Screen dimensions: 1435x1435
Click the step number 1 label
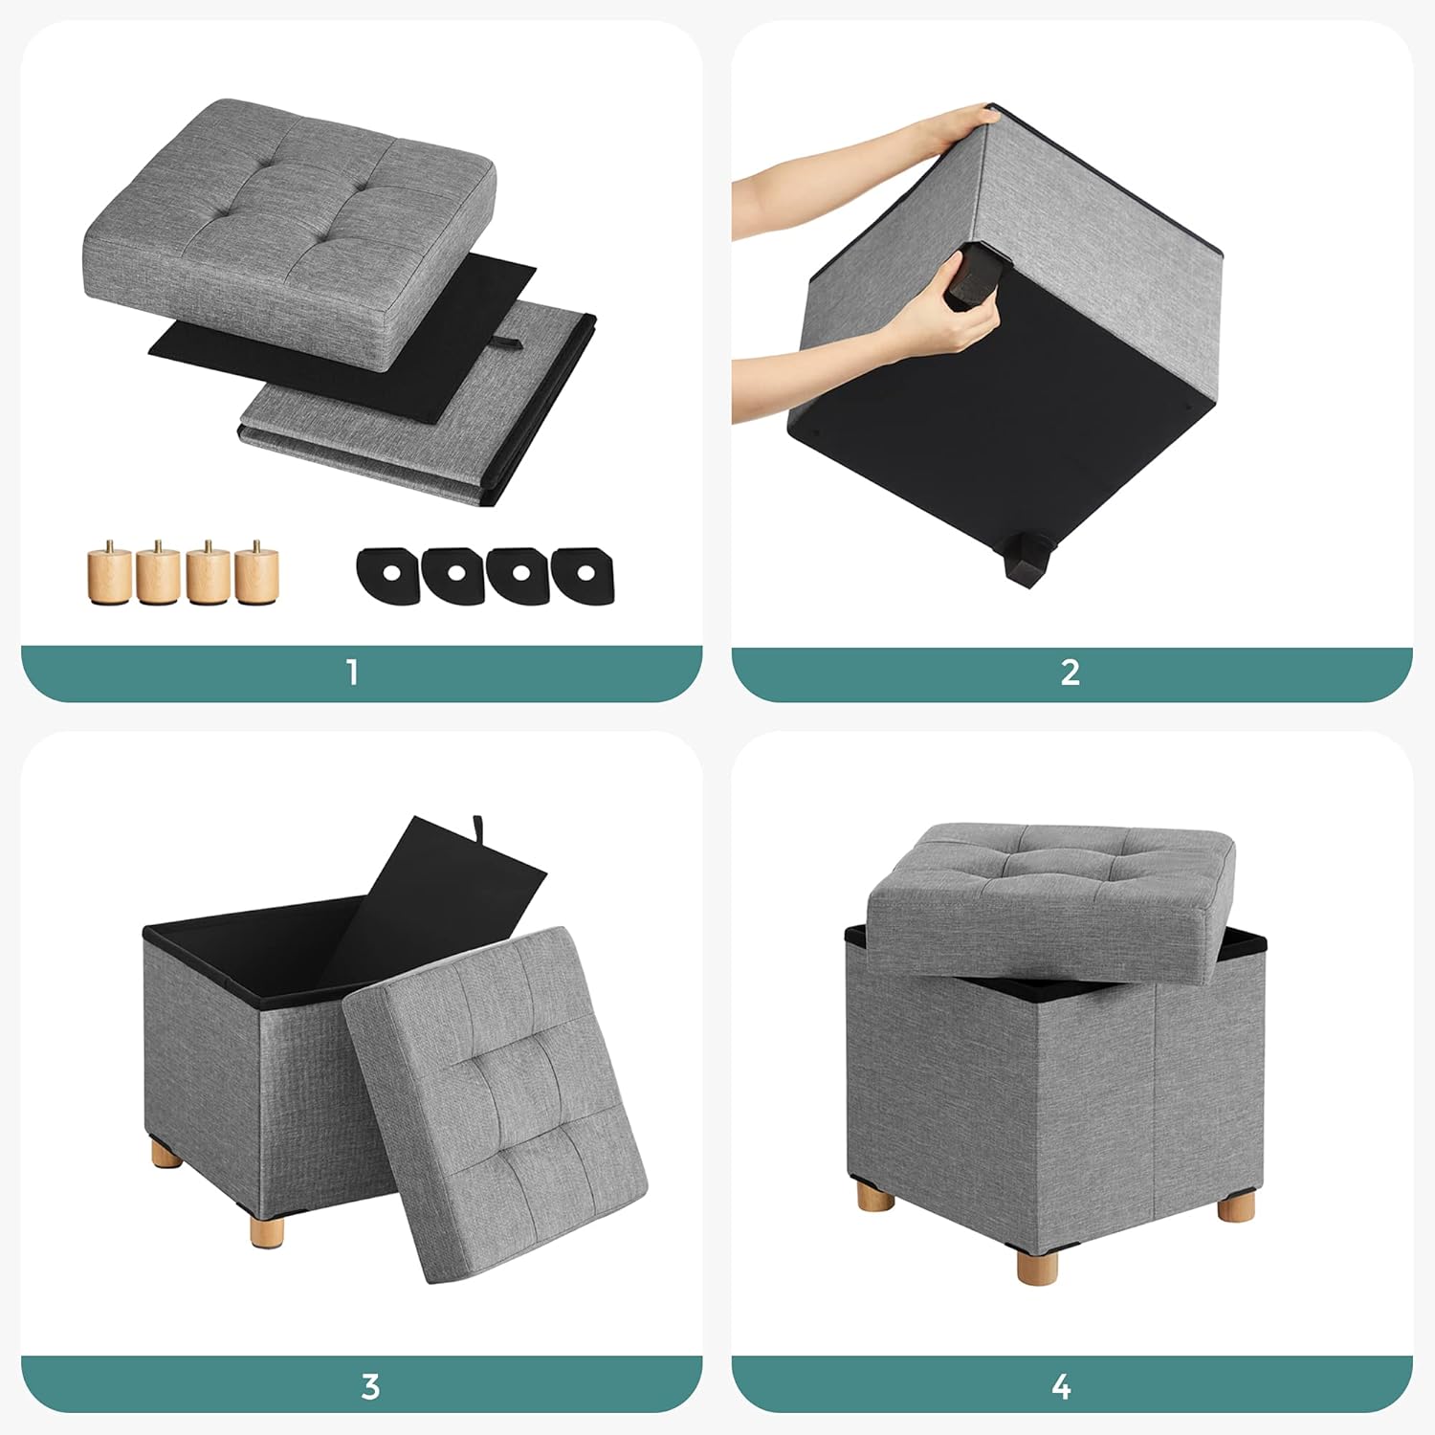pos(353,673)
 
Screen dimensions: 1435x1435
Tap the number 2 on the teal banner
pos(1071,673)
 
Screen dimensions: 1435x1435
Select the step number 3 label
pos(370,1386)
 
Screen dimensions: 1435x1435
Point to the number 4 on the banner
pos(1061,1386)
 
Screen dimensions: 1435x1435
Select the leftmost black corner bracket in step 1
pos(387,574)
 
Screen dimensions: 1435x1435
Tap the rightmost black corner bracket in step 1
pos(585,574)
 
